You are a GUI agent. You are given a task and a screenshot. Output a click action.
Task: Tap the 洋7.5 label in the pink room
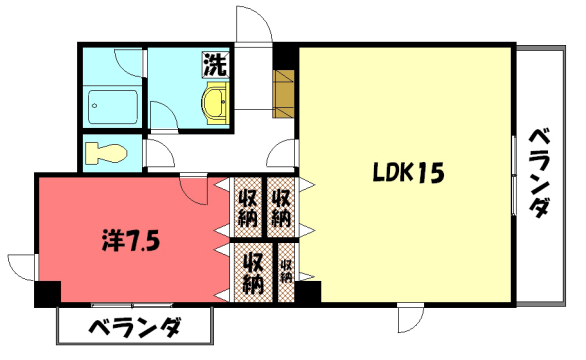point(130,241)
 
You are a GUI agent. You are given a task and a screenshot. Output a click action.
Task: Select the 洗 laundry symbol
point(215,65)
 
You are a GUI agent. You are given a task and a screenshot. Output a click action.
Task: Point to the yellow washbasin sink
point(215,101)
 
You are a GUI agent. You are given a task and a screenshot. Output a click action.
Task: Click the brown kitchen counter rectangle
point(284,91)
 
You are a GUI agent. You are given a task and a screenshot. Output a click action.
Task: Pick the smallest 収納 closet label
point(286,269)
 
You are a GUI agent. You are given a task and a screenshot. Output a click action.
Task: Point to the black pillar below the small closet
point(308,294)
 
